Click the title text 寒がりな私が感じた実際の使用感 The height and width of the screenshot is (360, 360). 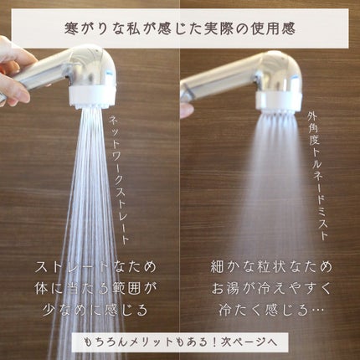click(x=180, y=28)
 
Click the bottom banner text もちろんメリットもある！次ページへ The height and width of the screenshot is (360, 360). click(x=180, y=342)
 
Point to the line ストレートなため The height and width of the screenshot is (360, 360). click(x=95, y=267)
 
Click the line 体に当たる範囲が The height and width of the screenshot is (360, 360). click(x=95, y=289)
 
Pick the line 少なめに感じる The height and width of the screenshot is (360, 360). click(x=95, y=310)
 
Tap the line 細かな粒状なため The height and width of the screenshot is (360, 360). click(x=271, y=266)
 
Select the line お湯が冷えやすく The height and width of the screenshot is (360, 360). click(x=271, y=288)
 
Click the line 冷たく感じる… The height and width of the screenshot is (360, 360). click(x=271, y=310)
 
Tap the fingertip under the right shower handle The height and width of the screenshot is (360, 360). click(x=187, y=111)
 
